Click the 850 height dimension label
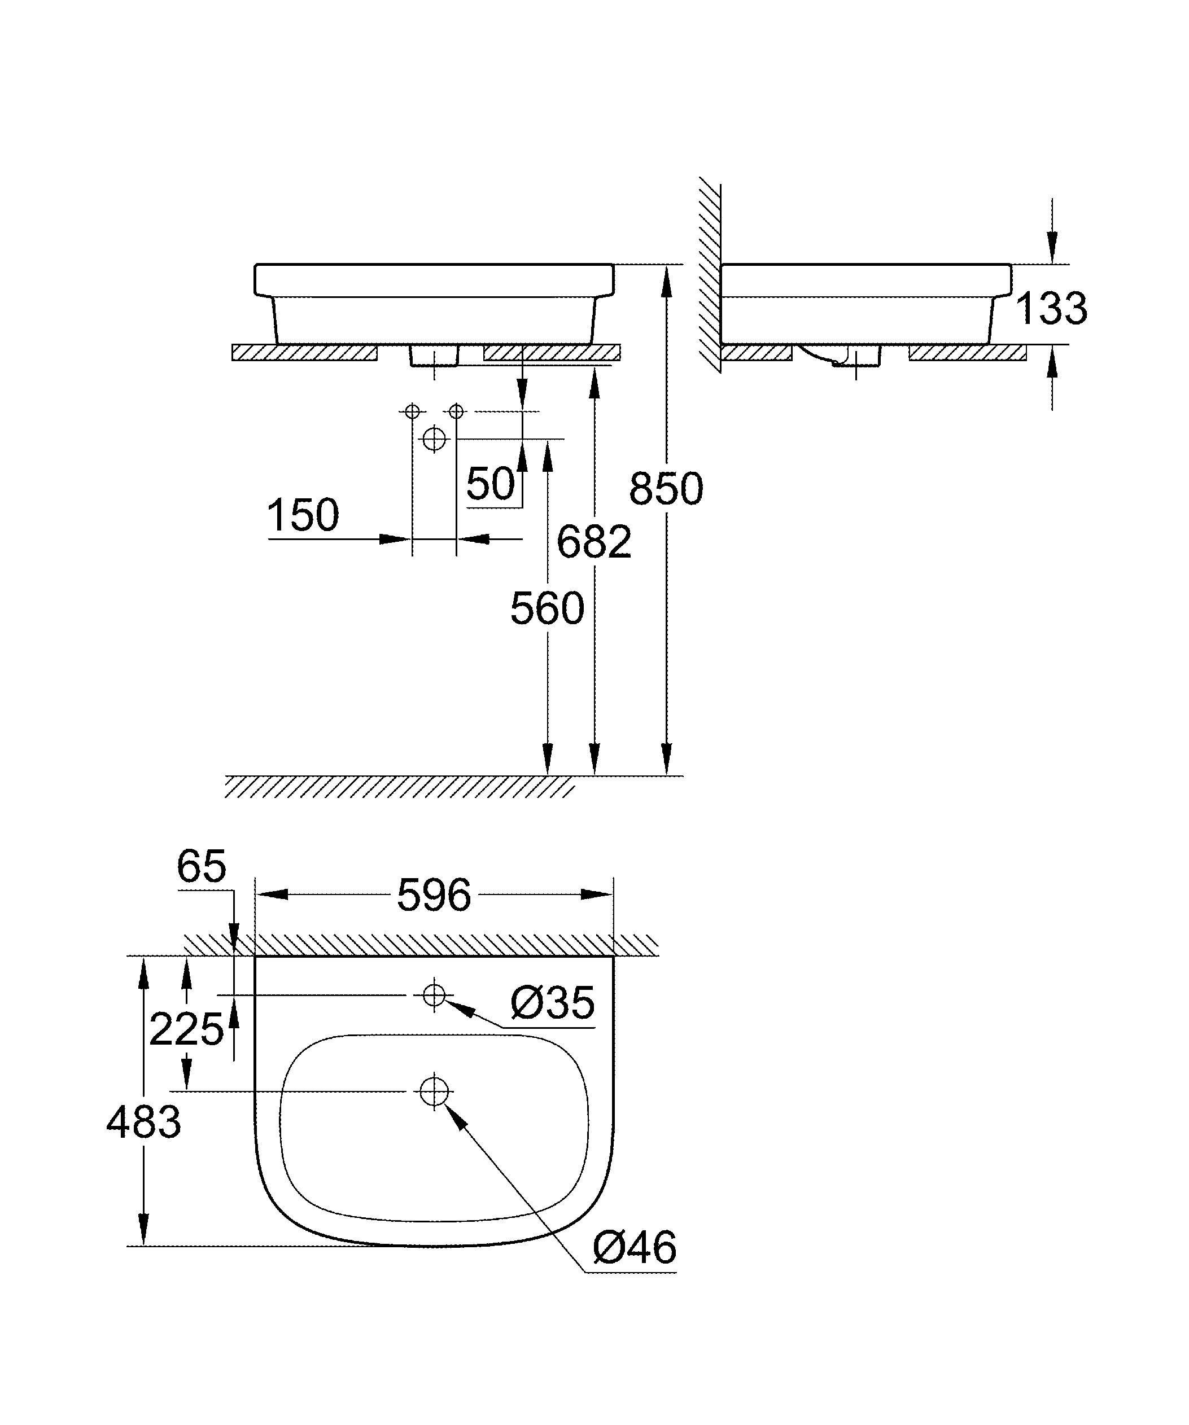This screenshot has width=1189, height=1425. (x=666, y=489)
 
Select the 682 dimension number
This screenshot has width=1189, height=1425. (x=594, y=542)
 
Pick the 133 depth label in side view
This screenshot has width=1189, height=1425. (x=1051, y=308)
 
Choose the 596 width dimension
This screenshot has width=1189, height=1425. (x=434, y=895)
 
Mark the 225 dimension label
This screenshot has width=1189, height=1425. (x=186, y=1029)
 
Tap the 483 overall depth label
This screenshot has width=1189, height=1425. (x=144, y=1122)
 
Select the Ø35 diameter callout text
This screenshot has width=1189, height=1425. (x=552, y=1003)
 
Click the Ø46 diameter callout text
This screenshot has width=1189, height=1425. (x=635, y=1247)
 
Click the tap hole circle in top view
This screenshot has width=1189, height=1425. (x=434, y=995)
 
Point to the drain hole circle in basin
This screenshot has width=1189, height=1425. (x=434, y=1091)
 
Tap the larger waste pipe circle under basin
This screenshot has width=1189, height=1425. (x=434, y=439)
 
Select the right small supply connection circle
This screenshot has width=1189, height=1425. (x=456, y=411)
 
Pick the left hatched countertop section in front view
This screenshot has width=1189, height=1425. (x=304, y=352)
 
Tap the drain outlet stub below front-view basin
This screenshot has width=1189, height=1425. (x=434, y=356)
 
